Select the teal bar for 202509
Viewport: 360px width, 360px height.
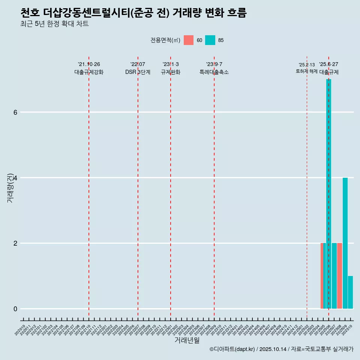click(x=345, y=244)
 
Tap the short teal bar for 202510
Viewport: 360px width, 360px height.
click(x=350, y=292)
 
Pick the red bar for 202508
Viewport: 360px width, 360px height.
click(x=339, y=276)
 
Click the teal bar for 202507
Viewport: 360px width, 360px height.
click(x=334, y=276)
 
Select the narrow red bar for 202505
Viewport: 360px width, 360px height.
click(x=322, y=276)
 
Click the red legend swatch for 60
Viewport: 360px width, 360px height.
click(x=189, y=40)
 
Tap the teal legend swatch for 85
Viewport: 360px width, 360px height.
click(x=210, y=40)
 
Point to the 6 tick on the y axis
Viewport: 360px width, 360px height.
click(x=15, y=112)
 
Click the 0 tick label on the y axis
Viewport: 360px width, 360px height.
click(x=15, y=309)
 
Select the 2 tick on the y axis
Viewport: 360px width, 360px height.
click(x=15, y=243)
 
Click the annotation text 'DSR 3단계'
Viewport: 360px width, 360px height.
click(x=138, y=72)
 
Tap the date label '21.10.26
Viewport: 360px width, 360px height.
click(x=89, y=64)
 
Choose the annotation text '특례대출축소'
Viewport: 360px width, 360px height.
click(x=214, y=72)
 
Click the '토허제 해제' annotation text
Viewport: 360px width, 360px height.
click(x=306, y=71)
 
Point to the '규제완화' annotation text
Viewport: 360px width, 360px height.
click(x=170, y=72)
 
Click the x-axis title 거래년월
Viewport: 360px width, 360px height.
click(x=187, y=340)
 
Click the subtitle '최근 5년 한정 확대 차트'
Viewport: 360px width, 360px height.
click(x=55, y=24)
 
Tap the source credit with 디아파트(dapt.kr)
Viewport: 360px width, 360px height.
click(x=281, y=349)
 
